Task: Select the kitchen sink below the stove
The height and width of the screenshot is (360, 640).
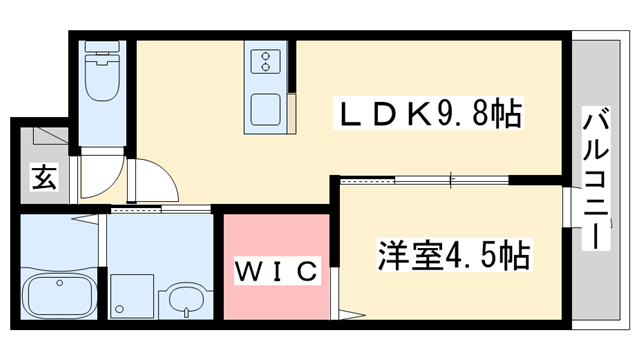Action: [x=266, y=107]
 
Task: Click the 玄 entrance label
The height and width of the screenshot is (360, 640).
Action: [x=43, y=179]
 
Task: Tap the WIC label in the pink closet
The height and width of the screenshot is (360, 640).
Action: [x=276, y=270]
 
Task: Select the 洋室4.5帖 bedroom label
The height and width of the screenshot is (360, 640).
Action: [x=452, y=254]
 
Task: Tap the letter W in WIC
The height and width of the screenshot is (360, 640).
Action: [x=246, y=270]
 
